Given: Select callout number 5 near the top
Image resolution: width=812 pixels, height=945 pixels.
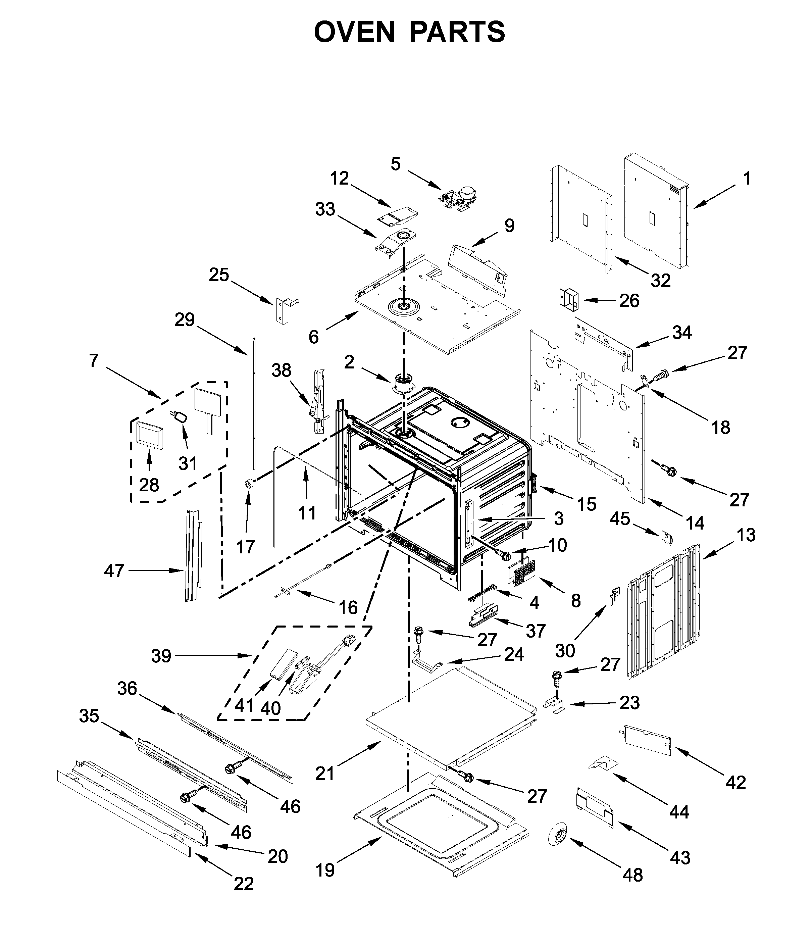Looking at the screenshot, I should pyautogui.click(x=395, y=164).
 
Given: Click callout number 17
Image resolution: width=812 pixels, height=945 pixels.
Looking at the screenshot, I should pyautogui.click(x=246, y=546).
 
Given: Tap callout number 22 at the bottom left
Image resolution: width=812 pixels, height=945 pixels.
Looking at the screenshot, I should pyautogui.click(x=244, y=884).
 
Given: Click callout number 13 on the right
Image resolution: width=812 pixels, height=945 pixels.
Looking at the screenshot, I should pyautogui.click(x=746, y=535).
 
